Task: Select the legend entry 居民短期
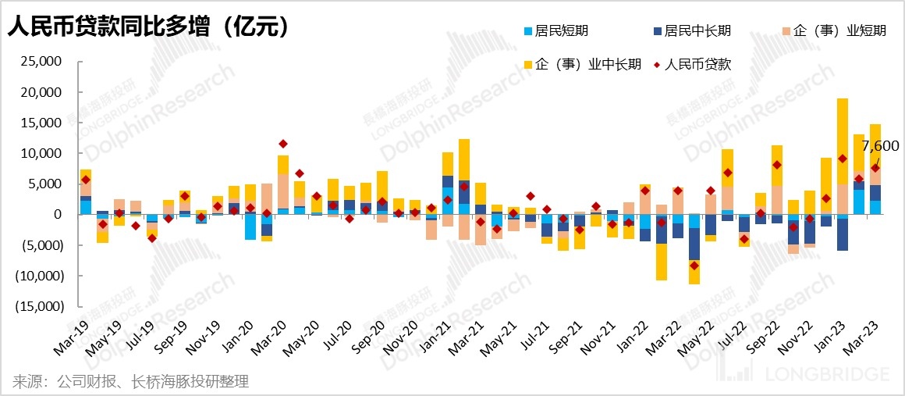pyautogui.click(x=556, y=31)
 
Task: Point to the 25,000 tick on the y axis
pyautogui.click(x=42, y=62)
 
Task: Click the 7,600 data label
pyautogui.click(x=880, y=146)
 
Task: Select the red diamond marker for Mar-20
pyautogui.click(x=283, y=144)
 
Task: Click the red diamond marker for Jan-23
pyautogui.click(x=843, y=159)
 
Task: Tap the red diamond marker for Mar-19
pyautogui.click(x=86, y=180)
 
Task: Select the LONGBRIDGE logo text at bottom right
pyautogui.click(x=826, y=375)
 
